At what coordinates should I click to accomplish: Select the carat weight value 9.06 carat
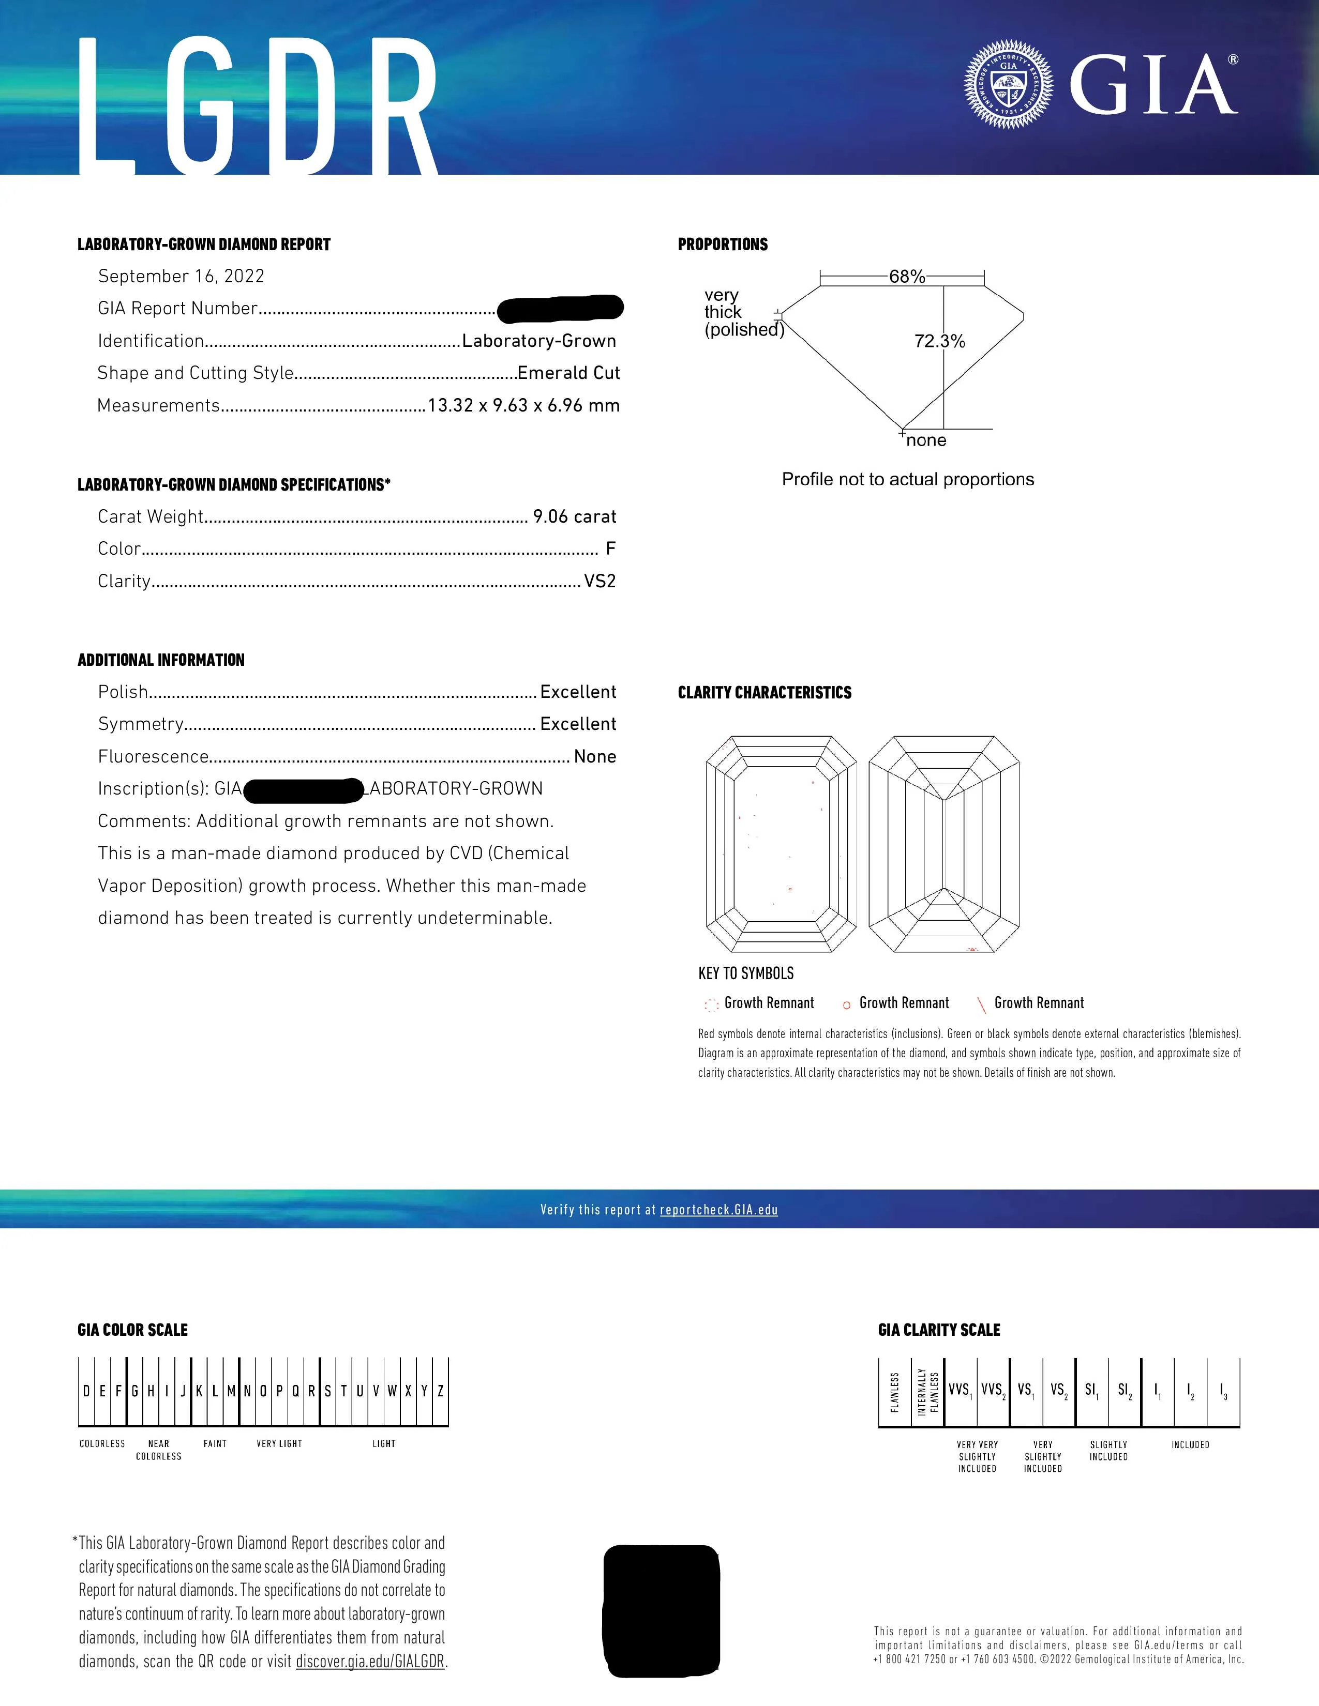[x=574, y=517]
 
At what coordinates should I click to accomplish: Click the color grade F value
[x=610, y=549]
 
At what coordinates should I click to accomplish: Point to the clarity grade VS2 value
[x=600, y=581]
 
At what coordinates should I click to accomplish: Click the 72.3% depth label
[x=939, y=341]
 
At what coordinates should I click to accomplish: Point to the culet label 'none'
[x=926, y=440]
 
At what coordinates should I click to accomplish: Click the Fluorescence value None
[x=595, y=757]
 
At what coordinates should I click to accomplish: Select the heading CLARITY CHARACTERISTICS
[x=764, y=693]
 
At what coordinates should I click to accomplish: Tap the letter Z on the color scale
[x=441, y=1391]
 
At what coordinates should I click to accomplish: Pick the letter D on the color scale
[x=86, y=1391]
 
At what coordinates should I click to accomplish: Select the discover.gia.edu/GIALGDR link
[x=370, y=1662]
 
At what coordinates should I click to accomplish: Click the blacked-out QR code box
[x=661, y=1611]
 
